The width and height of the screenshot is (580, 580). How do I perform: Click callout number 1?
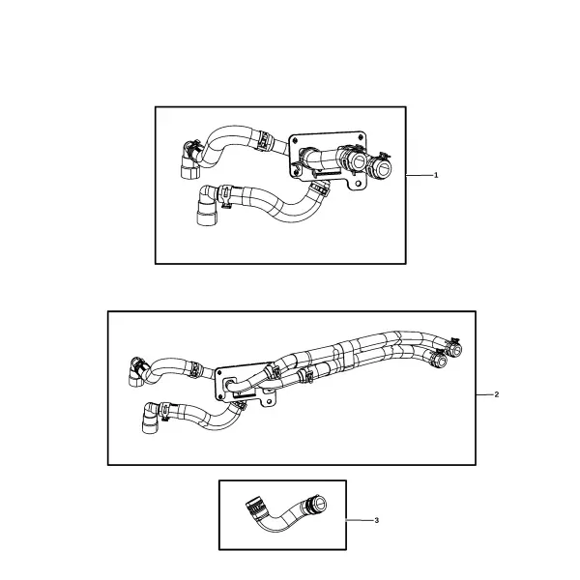[436, 175]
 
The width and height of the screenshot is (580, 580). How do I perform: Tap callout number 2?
[497, 394]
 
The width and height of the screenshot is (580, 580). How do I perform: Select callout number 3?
[377, 520]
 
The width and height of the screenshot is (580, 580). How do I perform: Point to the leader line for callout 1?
[420, 175]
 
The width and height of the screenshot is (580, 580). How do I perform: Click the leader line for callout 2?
[484, 394]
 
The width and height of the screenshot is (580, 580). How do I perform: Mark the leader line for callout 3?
[360, 520]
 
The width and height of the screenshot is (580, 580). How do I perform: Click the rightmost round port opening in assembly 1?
[383, 169]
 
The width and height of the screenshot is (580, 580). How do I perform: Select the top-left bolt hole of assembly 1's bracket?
[295, 140]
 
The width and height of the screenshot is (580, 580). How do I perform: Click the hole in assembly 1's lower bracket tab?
[358, 184]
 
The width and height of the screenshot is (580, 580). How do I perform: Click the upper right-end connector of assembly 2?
[453, 348]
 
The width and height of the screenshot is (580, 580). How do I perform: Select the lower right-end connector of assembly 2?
[439, 360]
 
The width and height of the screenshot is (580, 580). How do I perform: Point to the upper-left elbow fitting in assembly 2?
[137, 372]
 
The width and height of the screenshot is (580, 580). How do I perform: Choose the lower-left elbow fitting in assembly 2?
[151, 419]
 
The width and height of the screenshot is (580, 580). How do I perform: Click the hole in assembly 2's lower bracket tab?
[268, 401]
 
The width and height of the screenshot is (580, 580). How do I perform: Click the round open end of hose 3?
[319, 503]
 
